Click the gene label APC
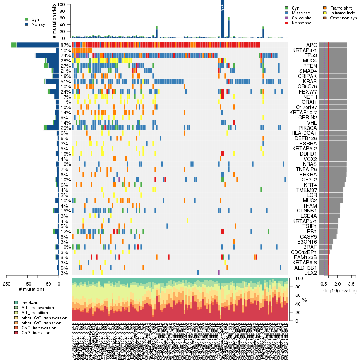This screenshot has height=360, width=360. (x=312, y=45)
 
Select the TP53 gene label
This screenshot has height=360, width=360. (x=311, y=55)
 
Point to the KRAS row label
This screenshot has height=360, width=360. (x=310, y=81)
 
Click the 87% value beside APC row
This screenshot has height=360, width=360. (x=66, y=45)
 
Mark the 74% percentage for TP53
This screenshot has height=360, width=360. (x=66, y=55)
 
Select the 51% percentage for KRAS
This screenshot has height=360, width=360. (x=66, y=81)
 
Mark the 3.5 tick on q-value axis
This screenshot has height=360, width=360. (x=351, y=284)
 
